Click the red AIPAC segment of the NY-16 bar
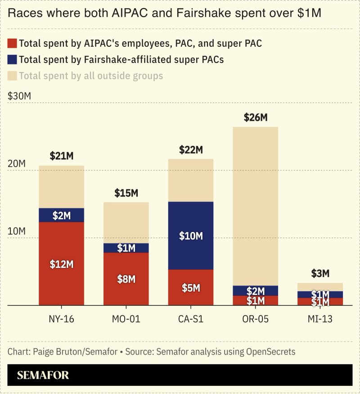coord(61,264)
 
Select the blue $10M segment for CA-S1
coord(191,235)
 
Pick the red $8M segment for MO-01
coord(126,279)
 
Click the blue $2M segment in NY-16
coord(61,215)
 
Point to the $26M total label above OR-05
coord(256,118)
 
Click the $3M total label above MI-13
coord(320,273)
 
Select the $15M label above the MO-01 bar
coord(126,193)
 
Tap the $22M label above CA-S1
coord(191,149)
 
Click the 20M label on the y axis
coord(17,163)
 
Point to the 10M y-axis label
coord(17,231)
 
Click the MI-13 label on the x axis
coord(320,319)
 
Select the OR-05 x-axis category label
coord(256,319)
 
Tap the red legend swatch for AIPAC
coord(13,44)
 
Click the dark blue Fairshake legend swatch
coord(13,59)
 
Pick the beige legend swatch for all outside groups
coord(13,75)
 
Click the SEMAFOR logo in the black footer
coord(43,375)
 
